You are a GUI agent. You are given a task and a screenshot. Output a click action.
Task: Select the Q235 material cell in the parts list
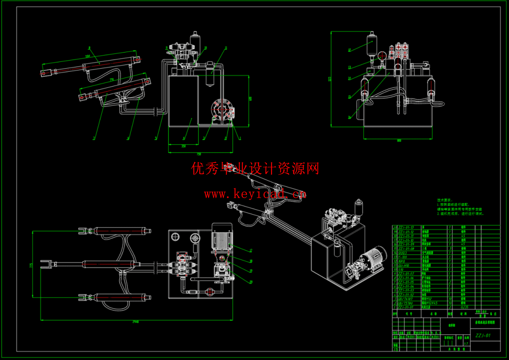(464, 307)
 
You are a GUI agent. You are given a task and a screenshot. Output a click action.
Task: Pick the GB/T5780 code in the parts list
(405, 303)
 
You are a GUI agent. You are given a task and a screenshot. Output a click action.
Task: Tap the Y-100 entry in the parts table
(402, 257)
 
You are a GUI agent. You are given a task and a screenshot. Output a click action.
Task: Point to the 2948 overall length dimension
(135, 322)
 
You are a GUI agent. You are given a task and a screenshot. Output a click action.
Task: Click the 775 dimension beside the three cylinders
(31, 265)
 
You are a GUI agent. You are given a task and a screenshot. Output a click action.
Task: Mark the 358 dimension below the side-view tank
(183, 146)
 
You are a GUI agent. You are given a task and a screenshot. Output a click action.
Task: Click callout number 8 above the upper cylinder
(89, 48)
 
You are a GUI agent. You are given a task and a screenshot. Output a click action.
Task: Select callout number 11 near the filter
(226, 48)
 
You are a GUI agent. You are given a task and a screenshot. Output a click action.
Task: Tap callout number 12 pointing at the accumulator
(349, 50)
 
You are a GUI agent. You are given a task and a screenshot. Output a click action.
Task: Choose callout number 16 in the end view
(349, 117)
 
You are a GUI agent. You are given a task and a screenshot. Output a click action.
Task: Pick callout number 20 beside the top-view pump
(251, 282)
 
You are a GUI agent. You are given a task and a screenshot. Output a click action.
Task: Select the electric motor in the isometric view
(375, 257)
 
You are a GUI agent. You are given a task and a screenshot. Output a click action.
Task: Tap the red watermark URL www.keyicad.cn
(255, 194)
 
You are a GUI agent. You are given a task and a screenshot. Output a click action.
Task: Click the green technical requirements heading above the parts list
(445, 200)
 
